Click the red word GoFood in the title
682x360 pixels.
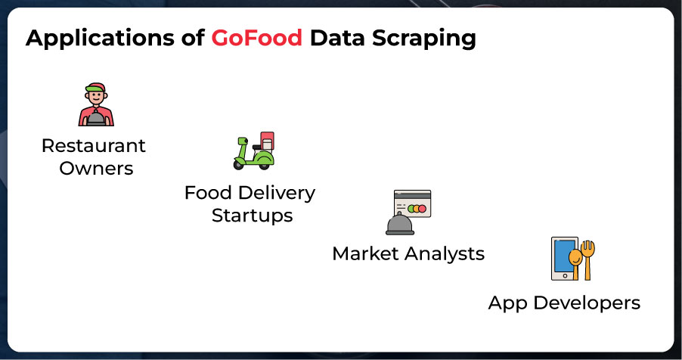(256, 37)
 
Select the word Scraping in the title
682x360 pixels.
(423, 39)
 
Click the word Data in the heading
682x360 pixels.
(337, 37)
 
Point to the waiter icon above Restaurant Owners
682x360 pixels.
(96, 104)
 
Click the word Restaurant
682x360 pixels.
(94, 146)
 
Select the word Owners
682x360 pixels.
(96, 169)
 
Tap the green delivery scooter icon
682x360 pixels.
(254, 151)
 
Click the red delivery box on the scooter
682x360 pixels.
(267, 141)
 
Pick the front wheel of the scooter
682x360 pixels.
(239, 164)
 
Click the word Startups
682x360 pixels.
(253, 216)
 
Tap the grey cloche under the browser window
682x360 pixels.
(400, 224)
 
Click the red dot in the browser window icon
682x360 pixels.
(422, 209)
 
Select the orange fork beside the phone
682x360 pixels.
(588, 260)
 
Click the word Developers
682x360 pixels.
(587, 303)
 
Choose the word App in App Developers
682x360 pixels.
(507, 304)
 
